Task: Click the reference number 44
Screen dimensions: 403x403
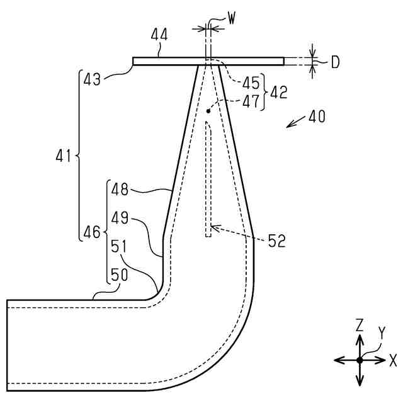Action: pyautogui.click(x=159, y=37)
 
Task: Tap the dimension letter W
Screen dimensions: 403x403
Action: pyautogui.click(x=232, y=20)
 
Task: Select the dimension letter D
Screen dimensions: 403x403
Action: pyautogui.click(x=336, y=62)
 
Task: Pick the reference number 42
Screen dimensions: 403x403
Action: pyautogui.click(x=278, y=92)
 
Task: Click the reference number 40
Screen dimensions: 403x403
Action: pyautogui.click(x=317, y=118)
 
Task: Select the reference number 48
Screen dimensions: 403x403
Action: pyautogui.click(x=120, y=188)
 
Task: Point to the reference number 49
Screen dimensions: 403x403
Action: pyautogui.click(x=120, y=217)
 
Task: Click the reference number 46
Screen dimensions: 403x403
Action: pyautogui.click(x=92, y=232)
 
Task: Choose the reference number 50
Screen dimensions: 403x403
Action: pyautogui.click(x=120, y=275)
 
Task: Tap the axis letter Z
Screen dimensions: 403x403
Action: pyautogui.click(x=360, y=325)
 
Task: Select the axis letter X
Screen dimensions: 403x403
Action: pyautogui.click(x=393, y=360)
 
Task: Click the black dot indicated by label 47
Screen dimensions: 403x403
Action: pyautogui.click(x=208, y=111)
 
